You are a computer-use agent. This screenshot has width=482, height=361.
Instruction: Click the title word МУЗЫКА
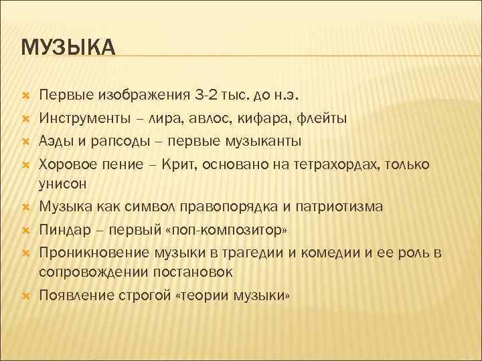coord(68,48)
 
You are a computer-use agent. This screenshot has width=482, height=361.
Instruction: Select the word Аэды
coord(57,141)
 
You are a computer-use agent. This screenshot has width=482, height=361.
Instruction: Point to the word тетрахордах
coord(335,163)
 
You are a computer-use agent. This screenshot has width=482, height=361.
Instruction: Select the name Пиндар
coord(64,229)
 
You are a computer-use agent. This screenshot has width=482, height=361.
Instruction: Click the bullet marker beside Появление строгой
coord(25,295)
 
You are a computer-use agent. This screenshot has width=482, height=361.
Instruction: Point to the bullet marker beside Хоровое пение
coord(25,164)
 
